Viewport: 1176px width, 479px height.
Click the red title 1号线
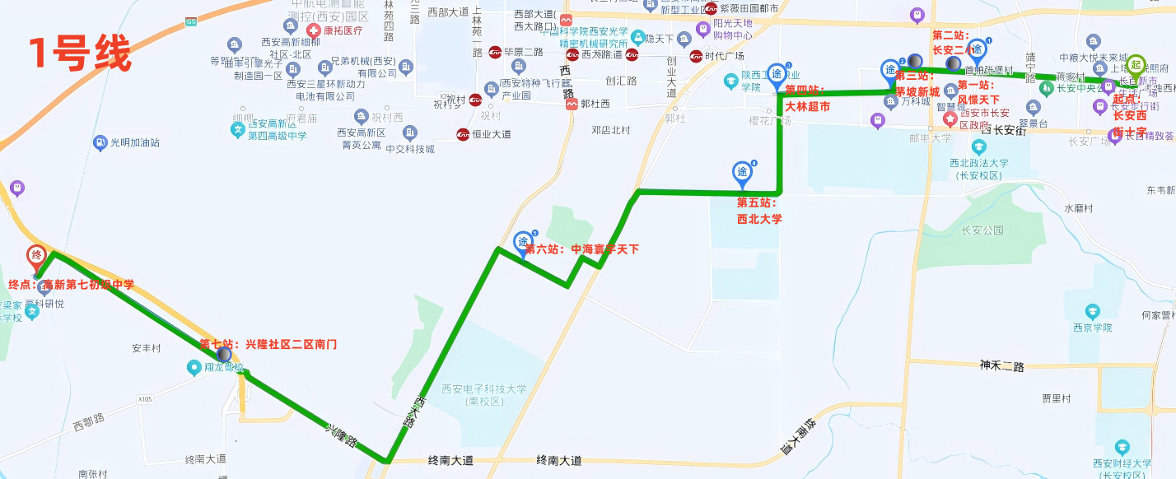[80, 53]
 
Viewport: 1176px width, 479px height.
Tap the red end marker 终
[36, 256]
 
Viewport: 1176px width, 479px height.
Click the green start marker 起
[1136, 65]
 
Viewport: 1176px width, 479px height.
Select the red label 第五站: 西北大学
[758, 211]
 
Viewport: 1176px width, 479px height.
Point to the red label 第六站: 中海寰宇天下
[581, 249]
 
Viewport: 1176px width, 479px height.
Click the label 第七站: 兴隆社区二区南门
[268, 344]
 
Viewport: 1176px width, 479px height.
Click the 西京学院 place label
[1091, 328]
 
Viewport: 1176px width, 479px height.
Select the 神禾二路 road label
[1002, 365]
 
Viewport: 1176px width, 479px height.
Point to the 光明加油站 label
[133, 142]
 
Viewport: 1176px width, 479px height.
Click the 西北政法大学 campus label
[979, 169]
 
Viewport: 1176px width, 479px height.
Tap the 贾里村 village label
[1056, 398]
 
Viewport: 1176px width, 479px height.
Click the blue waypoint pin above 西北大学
[742, 173]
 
